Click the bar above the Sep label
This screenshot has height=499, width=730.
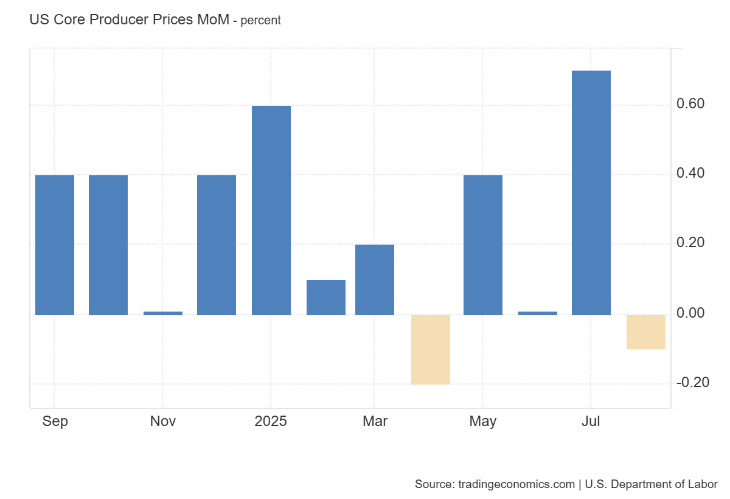55,245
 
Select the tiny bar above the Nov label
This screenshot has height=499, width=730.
163,313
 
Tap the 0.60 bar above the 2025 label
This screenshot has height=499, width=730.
271,210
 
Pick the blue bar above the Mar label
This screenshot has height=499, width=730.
375,279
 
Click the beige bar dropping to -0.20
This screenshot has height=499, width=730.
431,349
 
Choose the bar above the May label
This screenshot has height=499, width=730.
483,245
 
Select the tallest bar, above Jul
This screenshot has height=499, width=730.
591,192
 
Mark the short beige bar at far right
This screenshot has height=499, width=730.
646,332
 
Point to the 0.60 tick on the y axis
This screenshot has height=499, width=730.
690,104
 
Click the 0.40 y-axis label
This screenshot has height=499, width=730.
690,174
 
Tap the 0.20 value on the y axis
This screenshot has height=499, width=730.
690,243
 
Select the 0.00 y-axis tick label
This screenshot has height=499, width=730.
690,313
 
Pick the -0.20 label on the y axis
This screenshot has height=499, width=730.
692,383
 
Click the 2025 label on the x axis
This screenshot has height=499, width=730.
271,421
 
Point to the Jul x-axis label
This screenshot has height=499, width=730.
591,421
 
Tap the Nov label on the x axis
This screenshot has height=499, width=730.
163,421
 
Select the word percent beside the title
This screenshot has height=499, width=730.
261,21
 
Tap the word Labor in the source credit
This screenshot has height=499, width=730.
702,484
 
